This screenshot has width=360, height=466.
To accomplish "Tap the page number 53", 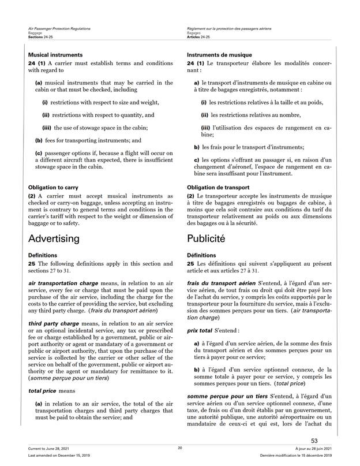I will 330,441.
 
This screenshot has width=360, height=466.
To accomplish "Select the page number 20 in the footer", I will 180,448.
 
